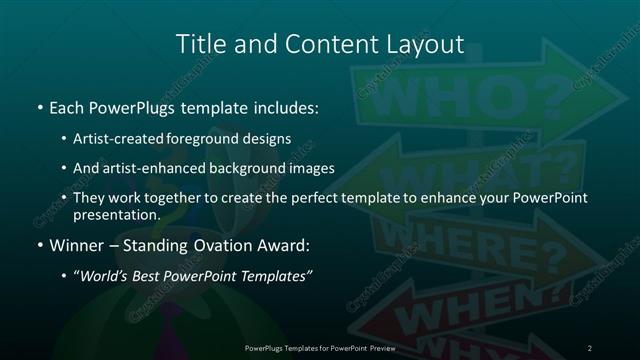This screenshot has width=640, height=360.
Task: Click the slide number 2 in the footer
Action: coord(590,347)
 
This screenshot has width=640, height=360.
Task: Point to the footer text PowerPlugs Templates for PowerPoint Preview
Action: coord(320,347)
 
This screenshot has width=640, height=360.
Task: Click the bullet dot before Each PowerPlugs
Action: coord(39,105)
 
